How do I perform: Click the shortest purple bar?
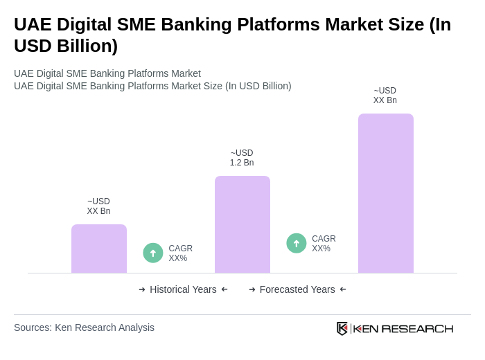click(x=99, y=249)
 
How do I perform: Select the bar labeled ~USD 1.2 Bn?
click(x=242, y=224)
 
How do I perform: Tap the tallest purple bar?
click(x=386, y=193)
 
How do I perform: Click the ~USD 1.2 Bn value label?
click(x=242, y=158)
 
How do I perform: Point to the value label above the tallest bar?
click(x=385, y=96)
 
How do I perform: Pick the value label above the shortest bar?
click(x=98, y=206)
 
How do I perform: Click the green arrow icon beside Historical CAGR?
click(x=153, y=253)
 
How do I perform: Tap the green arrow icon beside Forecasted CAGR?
click(x=297, y=243)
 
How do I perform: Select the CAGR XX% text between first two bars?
click(x=180, y=253)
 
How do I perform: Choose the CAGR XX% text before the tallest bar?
click(x=324, y=244)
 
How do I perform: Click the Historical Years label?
click(x=183, y=289)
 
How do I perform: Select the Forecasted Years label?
click(x=297, y=289)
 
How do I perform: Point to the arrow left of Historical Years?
click(x=142, y=289)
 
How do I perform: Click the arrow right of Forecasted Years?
click(x=343, y=289)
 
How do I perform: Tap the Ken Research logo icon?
click(x=342, y=328)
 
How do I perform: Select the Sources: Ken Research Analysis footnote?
click(x=84, y=327)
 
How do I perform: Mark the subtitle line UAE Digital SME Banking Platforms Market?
click(x=107, y=73)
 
